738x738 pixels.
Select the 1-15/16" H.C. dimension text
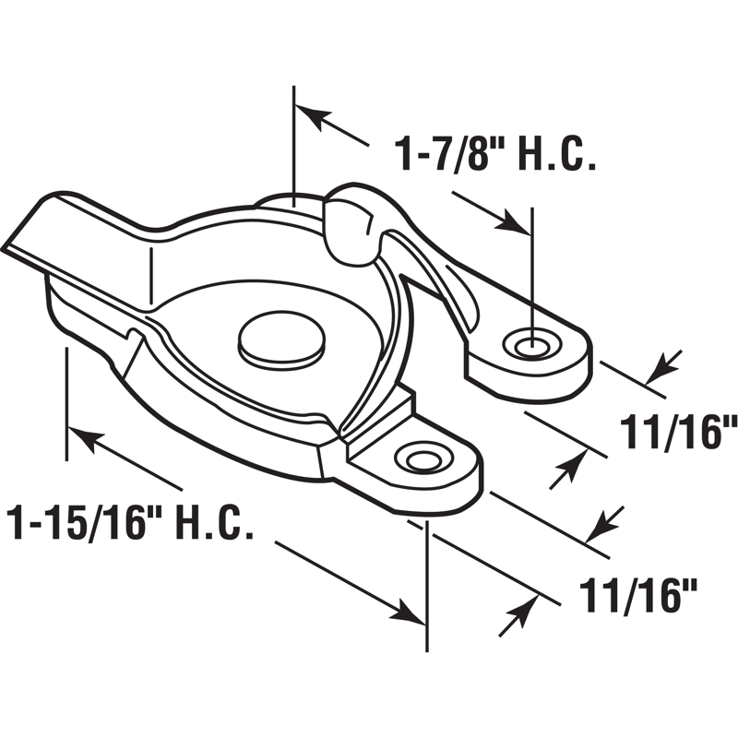[x=129, y=523]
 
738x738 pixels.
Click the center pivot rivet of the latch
[x=280, y=338]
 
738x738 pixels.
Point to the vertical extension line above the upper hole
[x=532, y=268]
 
